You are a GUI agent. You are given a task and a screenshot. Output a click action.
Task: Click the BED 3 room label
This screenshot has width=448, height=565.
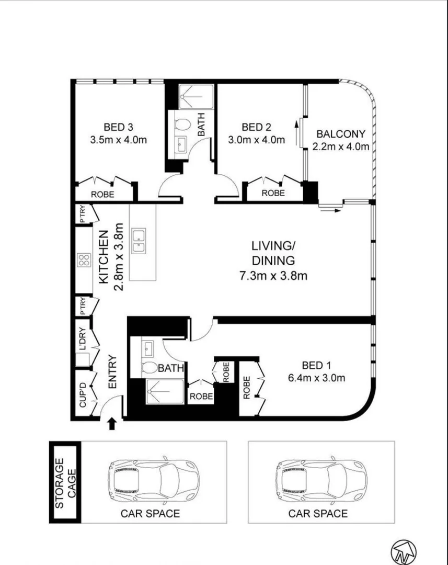118,127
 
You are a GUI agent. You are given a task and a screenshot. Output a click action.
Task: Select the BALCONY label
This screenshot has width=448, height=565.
341,134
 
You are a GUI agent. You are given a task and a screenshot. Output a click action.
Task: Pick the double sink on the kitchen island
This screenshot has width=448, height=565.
139,241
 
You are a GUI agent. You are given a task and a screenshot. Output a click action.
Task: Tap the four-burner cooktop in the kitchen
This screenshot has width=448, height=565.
84,260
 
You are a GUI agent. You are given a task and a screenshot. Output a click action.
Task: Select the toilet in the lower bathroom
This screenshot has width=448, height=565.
150,368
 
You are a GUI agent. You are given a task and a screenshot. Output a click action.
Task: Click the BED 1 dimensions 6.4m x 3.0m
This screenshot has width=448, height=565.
316,378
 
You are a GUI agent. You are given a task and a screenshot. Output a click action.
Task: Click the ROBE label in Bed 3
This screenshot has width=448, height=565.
102,194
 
